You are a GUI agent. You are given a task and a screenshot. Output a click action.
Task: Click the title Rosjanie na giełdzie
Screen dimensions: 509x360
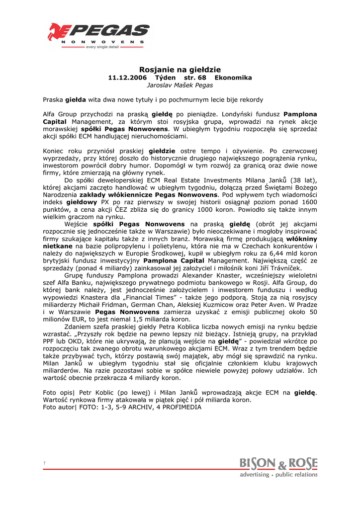click(x=180, y=70)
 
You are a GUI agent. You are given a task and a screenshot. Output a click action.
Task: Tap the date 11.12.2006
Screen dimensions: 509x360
click(x=127, y=78)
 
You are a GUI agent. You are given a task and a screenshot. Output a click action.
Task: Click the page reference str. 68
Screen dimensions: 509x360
click(x=195, y=78)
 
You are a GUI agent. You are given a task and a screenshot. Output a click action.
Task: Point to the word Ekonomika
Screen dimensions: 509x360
click(x=233, y=78)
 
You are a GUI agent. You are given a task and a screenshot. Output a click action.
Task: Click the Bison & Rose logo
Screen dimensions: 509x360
click(x=278, y=467)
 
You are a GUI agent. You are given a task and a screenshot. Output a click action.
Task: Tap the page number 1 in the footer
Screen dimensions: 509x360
click(x=44, y=463)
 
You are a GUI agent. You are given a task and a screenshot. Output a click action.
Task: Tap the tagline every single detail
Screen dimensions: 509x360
click(x=105, y=47)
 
